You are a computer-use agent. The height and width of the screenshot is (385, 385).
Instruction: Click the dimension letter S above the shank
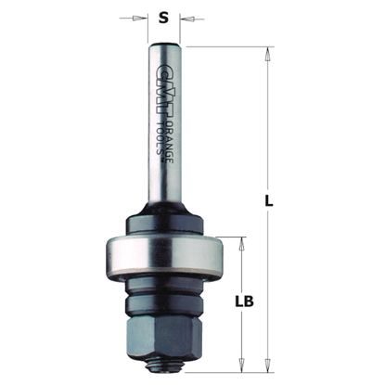point(163,16)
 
